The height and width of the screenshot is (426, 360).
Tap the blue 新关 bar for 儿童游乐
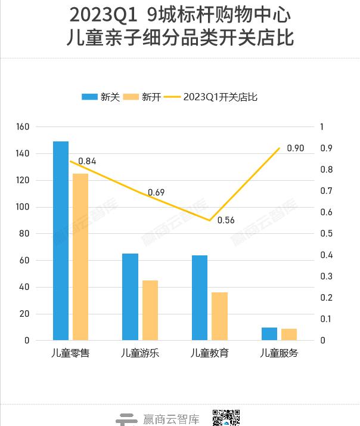coord(130,297)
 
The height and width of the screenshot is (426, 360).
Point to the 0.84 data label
coord(87,161)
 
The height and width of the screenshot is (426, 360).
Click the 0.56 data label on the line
coord(226,220)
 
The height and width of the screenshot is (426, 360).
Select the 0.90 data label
coord(295,148)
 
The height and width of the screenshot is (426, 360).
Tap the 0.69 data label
coord(156,192)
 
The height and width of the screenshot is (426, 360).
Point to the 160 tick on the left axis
coord(23,127)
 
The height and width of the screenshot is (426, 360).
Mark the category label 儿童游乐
coord(140,353)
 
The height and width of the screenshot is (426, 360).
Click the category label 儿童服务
coord(279,353)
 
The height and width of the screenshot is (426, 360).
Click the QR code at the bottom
coord(226,418)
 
